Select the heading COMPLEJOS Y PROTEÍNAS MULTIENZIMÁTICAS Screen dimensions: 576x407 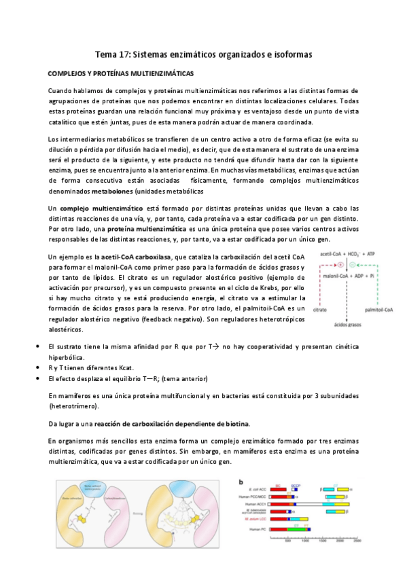click(x=120, y=73)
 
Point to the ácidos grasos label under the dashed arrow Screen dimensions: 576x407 click(x=349, y=325)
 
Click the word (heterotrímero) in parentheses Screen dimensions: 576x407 click(x=73, y=406)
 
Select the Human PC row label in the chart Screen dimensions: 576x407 click(x=257, y=529)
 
